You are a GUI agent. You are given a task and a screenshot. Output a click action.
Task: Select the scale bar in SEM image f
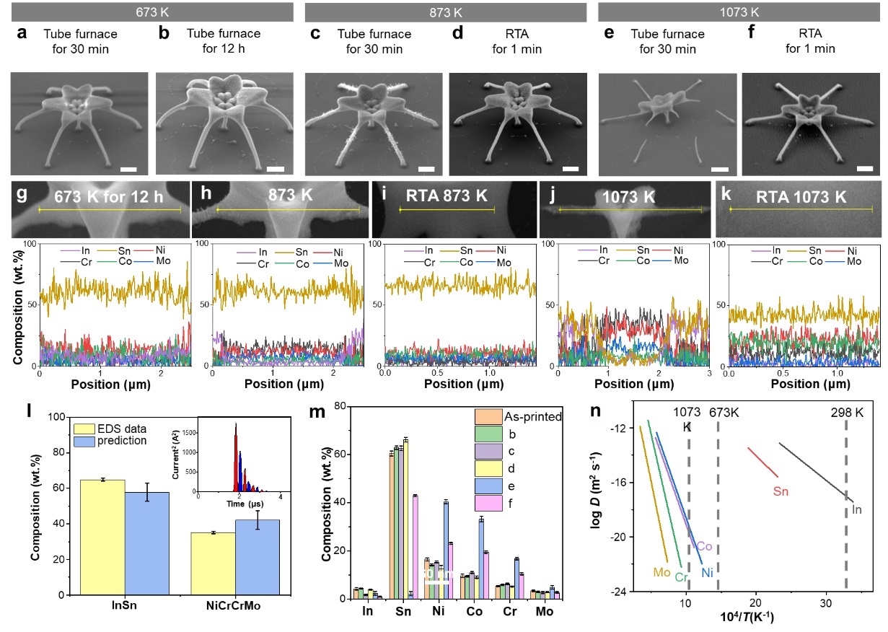(864, 170)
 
